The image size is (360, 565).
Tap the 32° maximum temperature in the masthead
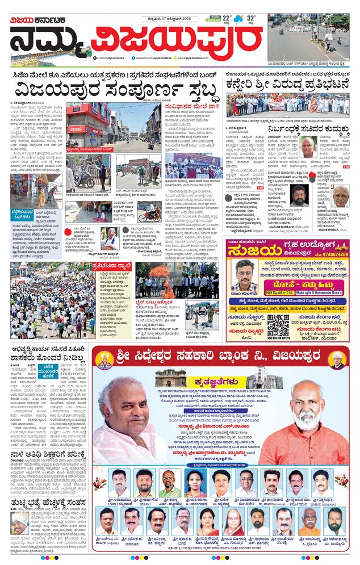point(251,18)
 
